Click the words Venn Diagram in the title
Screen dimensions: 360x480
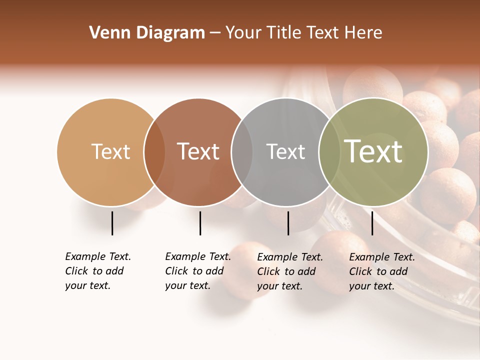tap(147, 33)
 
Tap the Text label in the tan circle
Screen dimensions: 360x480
tap(110, 151)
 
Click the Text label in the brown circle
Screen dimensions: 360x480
tap(198, 151)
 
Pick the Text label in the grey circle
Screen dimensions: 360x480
tap(285, 151)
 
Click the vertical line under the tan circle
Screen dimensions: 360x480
tap(112, 223)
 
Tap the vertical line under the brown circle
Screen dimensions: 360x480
tap(200, 223)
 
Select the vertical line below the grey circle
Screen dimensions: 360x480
tap(288, 223)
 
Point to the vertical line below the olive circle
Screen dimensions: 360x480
tap(372, 223)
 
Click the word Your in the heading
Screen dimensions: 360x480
tap(243, 33)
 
